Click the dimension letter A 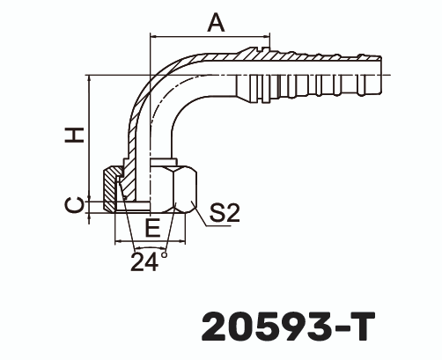click(215, 24)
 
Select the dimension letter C click(77, 204)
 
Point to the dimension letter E click(152, 228)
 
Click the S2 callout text click(225, 212)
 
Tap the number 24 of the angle click(144, 261)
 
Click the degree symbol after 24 click(164, 253)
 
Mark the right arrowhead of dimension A click(269, 38)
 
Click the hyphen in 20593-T click(338, 326)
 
